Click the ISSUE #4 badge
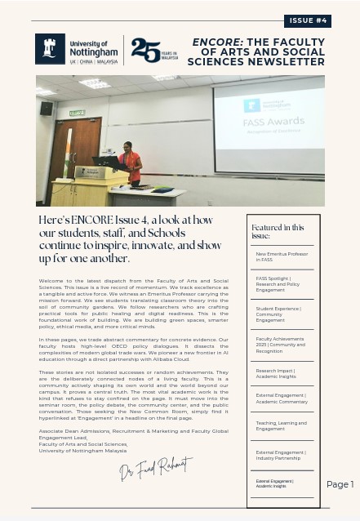coord(307,21)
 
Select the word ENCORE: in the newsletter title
coord(216,42)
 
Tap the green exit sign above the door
coord(77,113)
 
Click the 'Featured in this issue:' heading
coord(278,231)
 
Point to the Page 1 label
coord(340,484)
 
